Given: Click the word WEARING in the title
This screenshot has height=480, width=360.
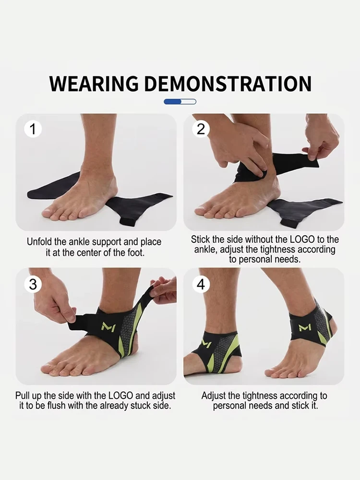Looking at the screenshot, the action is tap(94, 84).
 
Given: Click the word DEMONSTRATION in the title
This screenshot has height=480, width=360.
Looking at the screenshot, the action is tap(228, 84).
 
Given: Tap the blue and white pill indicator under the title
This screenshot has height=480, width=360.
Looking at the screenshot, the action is tap(180, 102).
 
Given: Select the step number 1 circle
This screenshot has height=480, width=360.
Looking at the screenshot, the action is tap(33, 129).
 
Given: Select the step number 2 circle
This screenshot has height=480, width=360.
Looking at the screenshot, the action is tap(201, 129).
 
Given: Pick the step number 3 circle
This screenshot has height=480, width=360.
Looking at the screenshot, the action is tap(33, 284).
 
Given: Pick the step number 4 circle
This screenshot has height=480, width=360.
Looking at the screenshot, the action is tap(201, 284).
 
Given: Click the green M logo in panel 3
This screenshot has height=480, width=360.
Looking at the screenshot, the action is tap(108, 326).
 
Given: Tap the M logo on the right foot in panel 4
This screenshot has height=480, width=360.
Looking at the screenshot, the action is tap(305, 327).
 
